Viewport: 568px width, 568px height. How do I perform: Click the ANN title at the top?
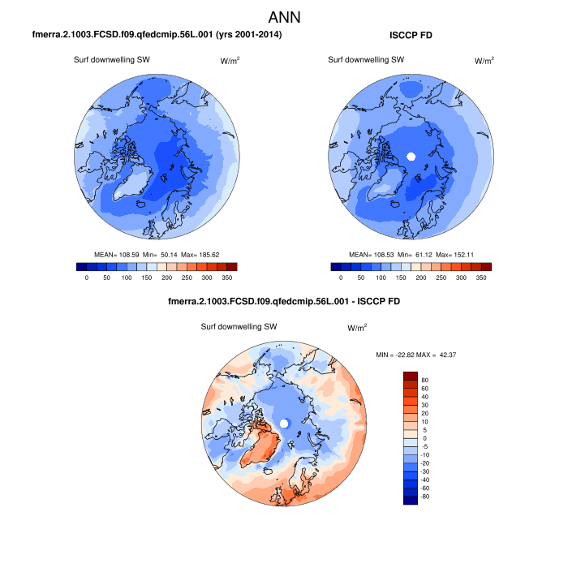pyautogui.click(x=283, y=16)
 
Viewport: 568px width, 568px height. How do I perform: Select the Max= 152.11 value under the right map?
pyautogui.click(x=463, y=254)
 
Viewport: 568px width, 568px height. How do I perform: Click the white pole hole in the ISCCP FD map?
pyautogui.click(x=411, y=155)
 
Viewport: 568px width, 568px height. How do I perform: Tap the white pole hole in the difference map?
pyautogui.click(x=284, y=424)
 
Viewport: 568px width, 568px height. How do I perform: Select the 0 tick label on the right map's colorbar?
pyautogui.click(x=341, y=278)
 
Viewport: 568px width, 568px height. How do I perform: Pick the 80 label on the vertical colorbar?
pyautogui.click(x=425, y=379)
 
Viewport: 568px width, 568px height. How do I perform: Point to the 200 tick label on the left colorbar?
pyautogui.click(x=166, y=278)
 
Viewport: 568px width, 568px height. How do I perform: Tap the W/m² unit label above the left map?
pyautogui.click(x=230, y=61)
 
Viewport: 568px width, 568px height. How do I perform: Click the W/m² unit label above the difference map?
pyautogui.click(x=357, y=328)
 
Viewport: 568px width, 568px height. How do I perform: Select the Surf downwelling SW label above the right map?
pyautogui.click(x=365, y=60)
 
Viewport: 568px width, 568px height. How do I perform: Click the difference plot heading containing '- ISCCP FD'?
pyautogui.click(x=283, y=301)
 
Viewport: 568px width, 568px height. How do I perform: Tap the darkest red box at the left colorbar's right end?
pyautogui.click(x=231, y=266)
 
